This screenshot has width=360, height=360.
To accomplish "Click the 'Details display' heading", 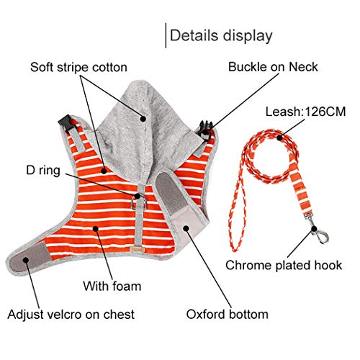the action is [x=221, y=36].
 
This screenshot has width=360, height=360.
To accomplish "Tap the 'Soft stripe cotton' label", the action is [x=78, y=67].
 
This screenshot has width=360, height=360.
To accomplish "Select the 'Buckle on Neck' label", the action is [x=273, y=67].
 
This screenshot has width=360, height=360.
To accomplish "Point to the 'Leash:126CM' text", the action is [x=305, y=112].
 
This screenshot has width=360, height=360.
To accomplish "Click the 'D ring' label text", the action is [x=43, y=171].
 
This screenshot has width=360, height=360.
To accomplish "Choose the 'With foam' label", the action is [x=112, y=286].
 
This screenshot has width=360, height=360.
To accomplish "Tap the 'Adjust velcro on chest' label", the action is [x=71, y=315].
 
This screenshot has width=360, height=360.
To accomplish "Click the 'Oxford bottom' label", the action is [x=228, y=314].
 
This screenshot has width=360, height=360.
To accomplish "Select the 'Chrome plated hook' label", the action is [x=284, y=265].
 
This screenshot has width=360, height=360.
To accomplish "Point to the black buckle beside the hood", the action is [x=206, y=130].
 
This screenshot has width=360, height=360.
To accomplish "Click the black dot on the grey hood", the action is [x=143, y=119].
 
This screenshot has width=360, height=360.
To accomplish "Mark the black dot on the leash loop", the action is [x=279, y=138].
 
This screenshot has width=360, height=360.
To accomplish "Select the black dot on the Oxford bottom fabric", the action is [x=186, y=228].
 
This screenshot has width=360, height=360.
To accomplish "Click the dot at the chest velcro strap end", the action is [x=26, y=260].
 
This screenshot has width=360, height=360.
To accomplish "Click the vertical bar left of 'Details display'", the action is [x=166, y=35].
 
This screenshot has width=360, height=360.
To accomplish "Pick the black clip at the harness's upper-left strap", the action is [x=66, y=123].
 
